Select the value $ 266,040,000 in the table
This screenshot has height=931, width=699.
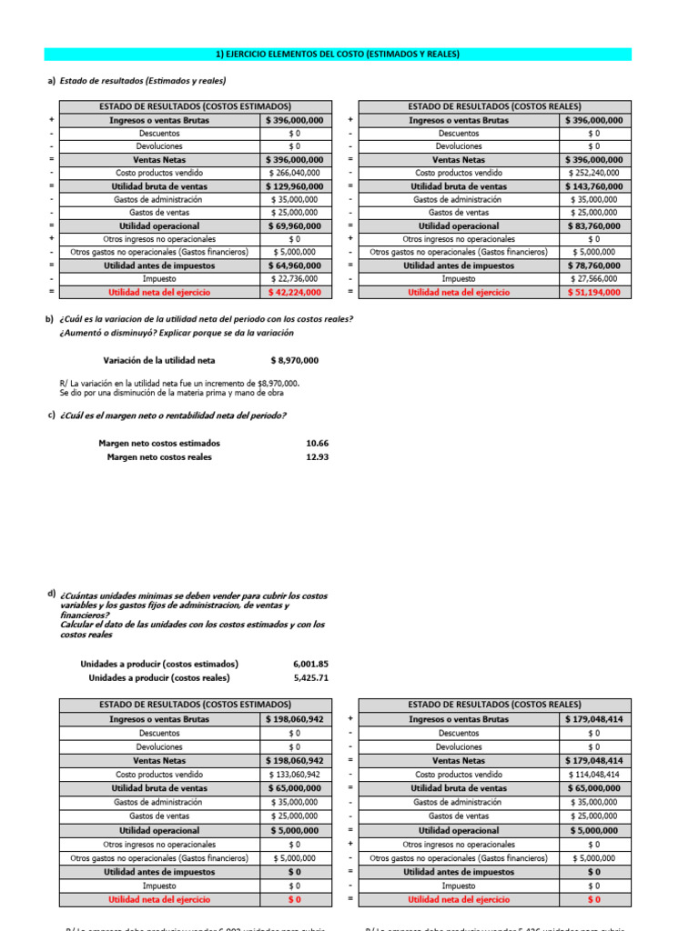point(294,173)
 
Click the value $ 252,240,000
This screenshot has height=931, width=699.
point(593,173)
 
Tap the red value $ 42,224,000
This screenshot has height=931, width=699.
point(294,293)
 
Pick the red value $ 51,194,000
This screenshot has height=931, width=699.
point(593,293)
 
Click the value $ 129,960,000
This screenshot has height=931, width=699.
point(294,186)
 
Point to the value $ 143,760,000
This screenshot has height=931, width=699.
point(593,186)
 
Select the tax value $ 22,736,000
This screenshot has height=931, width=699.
point(294,279)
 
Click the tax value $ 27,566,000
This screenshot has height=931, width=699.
point(593,279)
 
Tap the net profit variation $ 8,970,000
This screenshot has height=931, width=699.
point(294,360)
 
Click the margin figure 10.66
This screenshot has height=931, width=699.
point(317,444)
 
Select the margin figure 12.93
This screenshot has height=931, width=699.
point(317,457)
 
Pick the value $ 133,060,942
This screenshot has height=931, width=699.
point(294,775)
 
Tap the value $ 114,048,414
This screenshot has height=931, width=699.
point(593,775)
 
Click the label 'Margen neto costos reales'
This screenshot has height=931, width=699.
point(159,457)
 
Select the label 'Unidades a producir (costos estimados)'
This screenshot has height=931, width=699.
point(159,664)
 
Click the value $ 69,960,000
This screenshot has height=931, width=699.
point(294,226)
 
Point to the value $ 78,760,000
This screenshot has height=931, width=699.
point(593,266)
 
